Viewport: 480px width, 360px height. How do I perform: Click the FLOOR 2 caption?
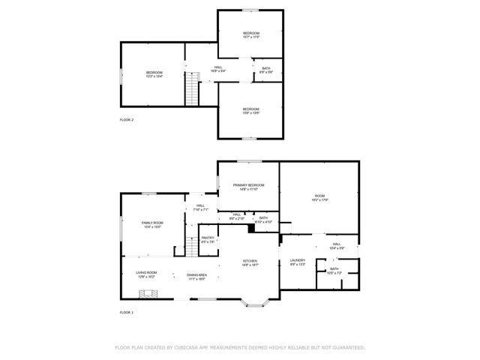point(126,120)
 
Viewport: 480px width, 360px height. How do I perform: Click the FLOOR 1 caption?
point(126,311)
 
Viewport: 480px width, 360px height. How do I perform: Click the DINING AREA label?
point(197,275)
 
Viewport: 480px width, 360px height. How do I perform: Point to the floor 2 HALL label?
point(218,67)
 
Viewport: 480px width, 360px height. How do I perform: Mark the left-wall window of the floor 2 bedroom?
point(121,73)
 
